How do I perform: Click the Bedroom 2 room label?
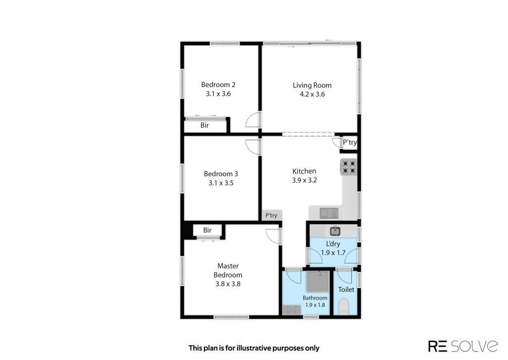pos(218,84)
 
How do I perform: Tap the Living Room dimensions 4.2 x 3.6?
pos(312,94)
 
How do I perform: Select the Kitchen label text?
pos(304,171)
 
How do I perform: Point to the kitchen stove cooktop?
pos(349,167)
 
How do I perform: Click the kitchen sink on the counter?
pos(329,213)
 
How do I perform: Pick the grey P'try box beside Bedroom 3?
pos(271,216)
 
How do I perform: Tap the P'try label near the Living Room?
pos(350,142)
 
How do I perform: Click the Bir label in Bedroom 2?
pos(204,125)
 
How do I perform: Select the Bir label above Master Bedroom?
pos(207,230)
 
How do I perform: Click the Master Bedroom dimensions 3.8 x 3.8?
pos(228,284)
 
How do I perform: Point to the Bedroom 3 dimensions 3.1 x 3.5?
pos(221,183)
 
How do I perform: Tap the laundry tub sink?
pos(335,231)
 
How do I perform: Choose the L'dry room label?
pos(333,244)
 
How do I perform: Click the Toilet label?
pos(346,289)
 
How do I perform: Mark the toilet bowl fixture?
pos(343,307)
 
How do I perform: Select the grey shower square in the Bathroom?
pos(318,281)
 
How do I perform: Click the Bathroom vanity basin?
pos(292,310)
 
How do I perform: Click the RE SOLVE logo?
pos(463,346)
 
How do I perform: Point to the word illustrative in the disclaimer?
pos(254,348)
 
